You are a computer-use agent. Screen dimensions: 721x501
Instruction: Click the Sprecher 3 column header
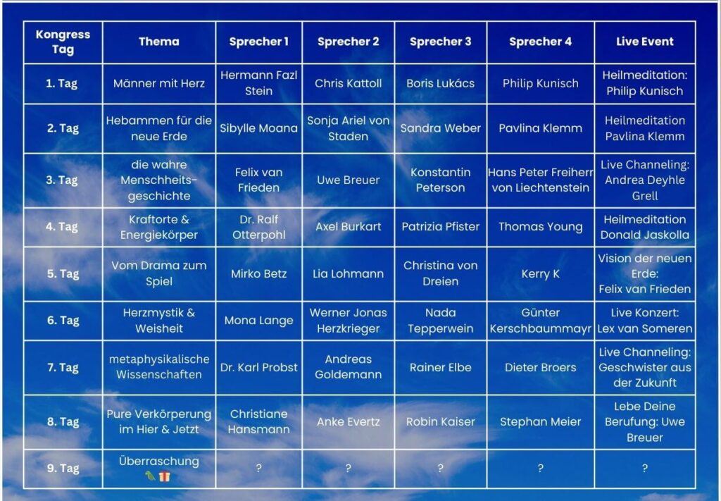(x=441, y=42)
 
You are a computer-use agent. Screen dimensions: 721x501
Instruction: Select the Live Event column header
(x=645, y=42)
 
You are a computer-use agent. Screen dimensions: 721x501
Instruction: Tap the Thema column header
(x=159, y=42)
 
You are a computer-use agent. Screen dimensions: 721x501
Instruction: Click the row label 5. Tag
(x=63, y=273)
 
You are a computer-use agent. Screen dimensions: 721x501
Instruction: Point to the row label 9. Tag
(x=63, y=468)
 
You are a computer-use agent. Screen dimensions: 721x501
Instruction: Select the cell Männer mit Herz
(x=159, y=83)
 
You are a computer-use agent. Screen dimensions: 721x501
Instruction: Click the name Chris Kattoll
(x=348, y=83)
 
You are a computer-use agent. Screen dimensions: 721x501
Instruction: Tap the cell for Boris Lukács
(x=441, y=83)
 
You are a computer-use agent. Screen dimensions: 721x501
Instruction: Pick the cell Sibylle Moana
(x=259, y=128)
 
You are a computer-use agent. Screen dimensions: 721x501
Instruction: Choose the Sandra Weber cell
(x=441, y=128)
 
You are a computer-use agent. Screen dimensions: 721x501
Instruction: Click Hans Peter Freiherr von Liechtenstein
(x=540, y=180)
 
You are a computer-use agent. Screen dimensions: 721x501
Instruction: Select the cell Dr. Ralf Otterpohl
(x=259, y=227)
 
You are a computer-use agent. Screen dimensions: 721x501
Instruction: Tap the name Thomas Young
(x=540, y=227)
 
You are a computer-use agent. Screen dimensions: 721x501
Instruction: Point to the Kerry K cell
(x=540, y=273)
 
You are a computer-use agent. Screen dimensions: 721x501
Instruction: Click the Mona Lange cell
(x=259, y=320)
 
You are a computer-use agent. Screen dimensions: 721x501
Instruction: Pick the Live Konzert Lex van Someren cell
(x=645, y=321)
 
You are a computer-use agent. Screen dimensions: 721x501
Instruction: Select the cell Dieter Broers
(x=540, y=367)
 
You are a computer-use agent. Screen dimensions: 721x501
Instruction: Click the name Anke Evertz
(x=348, y=421)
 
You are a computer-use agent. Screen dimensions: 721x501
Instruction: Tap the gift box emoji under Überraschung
(x=164, y=476)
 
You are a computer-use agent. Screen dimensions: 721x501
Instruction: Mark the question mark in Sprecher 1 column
(x=259, y=469)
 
